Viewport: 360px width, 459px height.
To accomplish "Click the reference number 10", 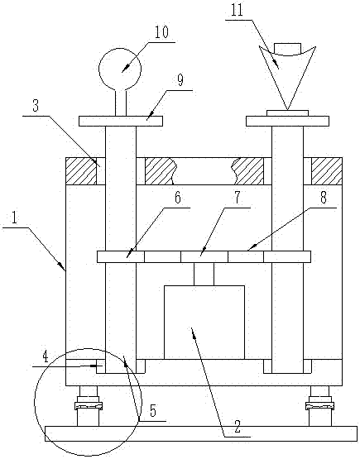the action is pos(161,32).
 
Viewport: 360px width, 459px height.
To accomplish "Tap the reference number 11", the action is pos(237,10).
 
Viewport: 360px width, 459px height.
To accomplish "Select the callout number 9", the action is pos(180,80).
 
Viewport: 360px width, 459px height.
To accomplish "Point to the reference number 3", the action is pos(36,105).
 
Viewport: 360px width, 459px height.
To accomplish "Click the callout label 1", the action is pos(14,218).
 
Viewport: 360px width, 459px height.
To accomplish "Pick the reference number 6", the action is pos(178,198).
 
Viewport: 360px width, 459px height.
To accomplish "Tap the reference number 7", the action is pos(238,198).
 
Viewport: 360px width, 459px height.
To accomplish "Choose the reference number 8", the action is pos(324,198).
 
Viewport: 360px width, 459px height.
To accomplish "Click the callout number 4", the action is pos(46,357).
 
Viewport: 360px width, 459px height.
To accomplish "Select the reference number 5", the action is pos(153,411).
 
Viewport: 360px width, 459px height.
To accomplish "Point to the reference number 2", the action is pos(238,427).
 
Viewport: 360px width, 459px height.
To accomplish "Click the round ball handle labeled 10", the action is pos(120,69).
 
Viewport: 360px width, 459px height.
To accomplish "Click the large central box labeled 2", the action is pos(204,323).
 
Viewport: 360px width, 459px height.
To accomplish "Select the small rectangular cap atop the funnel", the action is pos(287,49).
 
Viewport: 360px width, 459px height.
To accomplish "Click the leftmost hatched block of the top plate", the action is pos(81,171).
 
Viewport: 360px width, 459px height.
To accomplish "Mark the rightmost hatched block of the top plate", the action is pos(327,171).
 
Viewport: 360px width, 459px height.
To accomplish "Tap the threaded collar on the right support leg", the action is pos(320,405).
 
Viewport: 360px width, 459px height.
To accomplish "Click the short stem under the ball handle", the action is pos(121,103).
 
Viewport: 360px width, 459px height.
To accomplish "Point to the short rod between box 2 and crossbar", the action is pos(204,274).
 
